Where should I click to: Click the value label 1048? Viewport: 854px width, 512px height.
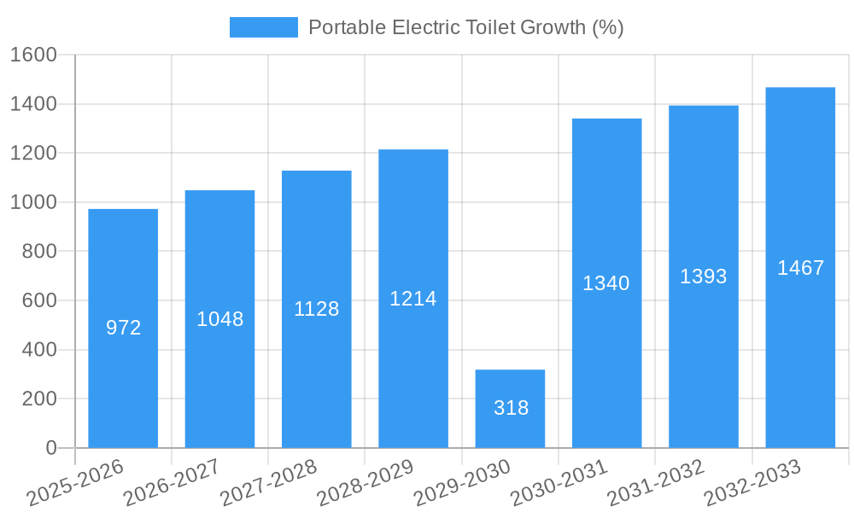click(219, 319)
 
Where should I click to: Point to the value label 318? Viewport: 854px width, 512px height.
click(511, 408)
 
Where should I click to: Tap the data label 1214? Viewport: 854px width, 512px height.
click(413, 299)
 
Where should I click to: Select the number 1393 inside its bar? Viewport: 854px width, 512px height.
click(703, 276)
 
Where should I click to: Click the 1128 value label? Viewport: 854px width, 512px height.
click(316, 309)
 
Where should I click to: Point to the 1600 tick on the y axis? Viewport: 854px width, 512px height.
click(33, 55)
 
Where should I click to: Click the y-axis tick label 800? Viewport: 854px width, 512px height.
click(39, 252)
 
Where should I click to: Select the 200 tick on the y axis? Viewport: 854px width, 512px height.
click(39, 399)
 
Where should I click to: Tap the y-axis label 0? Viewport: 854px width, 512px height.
click(50, 448)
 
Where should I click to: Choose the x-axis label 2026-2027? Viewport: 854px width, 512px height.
click(171, 483)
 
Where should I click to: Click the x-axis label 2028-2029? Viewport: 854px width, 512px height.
click(365, 483)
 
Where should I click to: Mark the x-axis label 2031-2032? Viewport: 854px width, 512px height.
click(655, 483)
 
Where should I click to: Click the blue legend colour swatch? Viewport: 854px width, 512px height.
click(263, 27)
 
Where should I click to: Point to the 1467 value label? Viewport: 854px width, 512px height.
click(800, 268)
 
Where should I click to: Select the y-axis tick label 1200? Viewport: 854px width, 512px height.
click(33, 154)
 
